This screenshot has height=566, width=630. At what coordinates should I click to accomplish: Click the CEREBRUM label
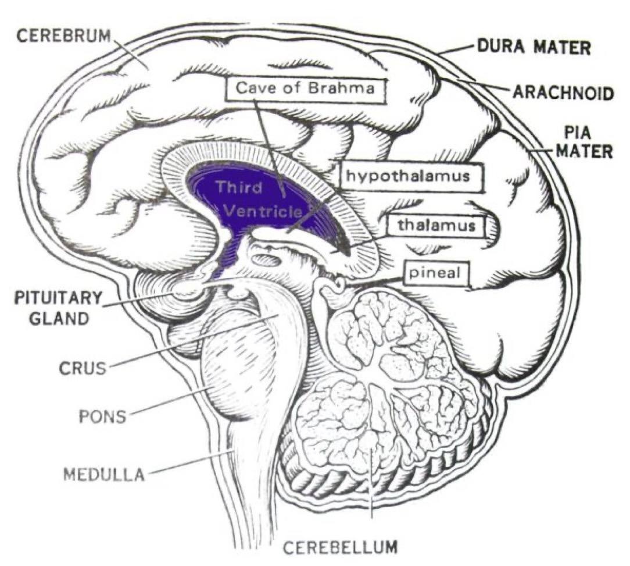click(63, 34)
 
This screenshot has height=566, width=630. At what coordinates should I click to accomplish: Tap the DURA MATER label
click(534, 47)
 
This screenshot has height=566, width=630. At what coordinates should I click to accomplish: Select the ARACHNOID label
click(562, 92)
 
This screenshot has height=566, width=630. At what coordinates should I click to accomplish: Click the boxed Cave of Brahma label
click(305, 89)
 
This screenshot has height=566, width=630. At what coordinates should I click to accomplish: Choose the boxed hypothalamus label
click(412, 176)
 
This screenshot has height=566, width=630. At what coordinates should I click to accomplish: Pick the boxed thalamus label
click(437, 225)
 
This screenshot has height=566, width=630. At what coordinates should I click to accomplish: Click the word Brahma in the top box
click(342, 89)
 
